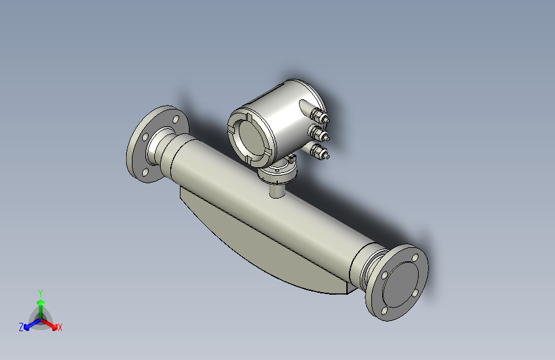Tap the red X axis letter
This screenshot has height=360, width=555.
pos(60,327)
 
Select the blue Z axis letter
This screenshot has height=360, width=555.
pos(21,327)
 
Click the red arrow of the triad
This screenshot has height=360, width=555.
pos(51,324)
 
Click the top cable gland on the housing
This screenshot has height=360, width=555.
pos(318,117)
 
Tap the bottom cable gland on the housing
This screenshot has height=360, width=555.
pos(318,152)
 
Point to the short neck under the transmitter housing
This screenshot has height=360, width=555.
pos(277,188)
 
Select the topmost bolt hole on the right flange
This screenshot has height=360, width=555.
pos(415,258)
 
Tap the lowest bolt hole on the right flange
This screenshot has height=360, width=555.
pos(383,310)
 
